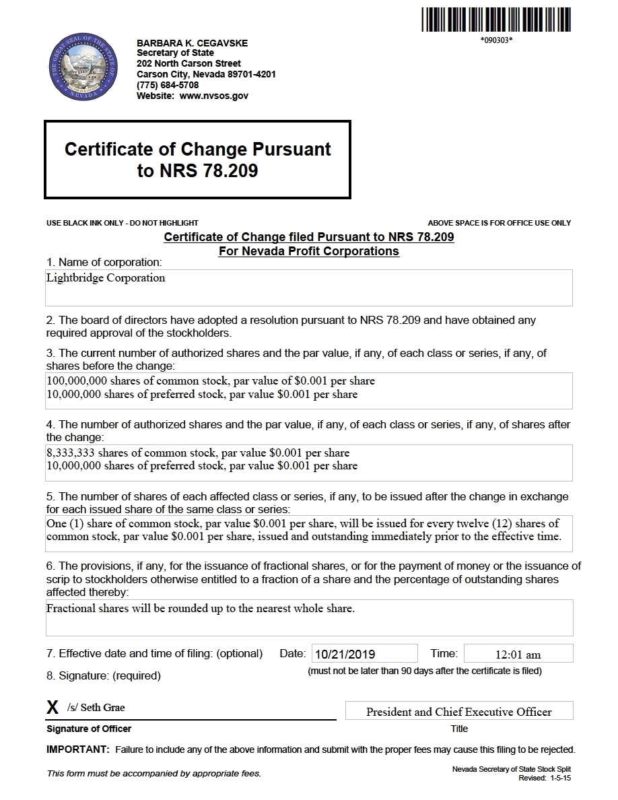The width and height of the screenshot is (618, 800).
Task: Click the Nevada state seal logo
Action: coord(83,69)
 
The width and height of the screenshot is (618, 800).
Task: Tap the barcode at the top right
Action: coord(496,19)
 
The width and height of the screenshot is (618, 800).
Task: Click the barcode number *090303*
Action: coord(496,40)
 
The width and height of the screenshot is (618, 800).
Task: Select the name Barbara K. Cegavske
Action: coord(192,43)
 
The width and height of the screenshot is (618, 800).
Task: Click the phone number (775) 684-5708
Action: coord(168,85)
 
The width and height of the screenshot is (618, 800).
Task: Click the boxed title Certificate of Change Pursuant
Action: coord(197,149)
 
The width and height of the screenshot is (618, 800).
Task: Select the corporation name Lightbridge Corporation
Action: coord(106,277)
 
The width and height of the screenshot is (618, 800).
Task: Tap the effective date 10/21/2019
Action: coord(345,654)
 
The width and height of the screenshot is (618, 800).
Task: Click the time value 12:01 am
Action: coord(518,655)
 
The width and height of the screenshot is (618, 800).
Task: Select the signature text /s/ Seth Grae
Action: coord(96,708)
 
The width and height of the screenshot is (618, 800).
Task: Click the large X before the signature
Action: coord(53,708)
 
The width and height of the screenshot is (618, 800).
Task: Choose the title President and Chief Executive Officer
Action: coord(458,712)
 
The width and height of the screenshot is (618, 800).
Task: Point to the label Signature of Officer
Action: coord(89,729)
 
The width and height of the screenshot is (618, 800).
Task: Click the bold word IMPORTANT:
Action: coord(77,749)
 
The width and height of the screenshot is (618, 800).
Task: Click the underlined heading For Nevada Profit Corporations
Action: coord(308,251)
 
